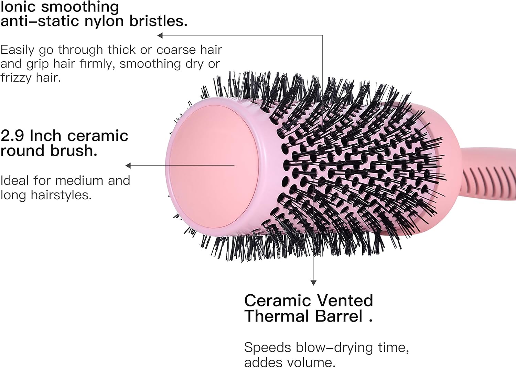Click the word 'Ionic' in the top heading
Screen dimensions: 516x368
[x=18, y=7]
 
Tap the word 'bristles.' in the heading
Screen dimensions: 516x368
[x=159, y=21]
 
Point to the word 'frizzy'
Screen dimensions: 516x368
[x=16, y=78]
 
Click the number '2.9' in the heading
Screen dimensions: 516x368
[x=12, y=136]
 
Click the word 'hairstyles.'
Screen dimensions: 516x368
[x=61, y=195]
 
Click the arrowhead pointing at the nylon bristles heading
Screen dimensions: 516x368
[x=160, y=35]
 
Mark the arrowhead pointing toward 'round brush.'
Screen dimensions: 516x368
[x=128, y=166]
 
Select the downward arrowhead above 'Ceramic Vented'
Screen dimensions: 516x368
[x=313, y=283]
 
